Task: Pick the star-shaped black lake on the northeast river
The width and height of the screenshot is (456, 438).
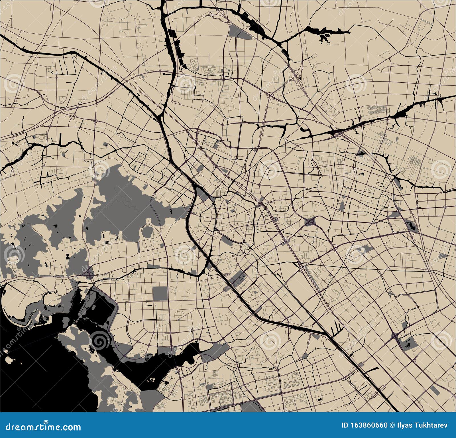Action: point(324,37)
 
